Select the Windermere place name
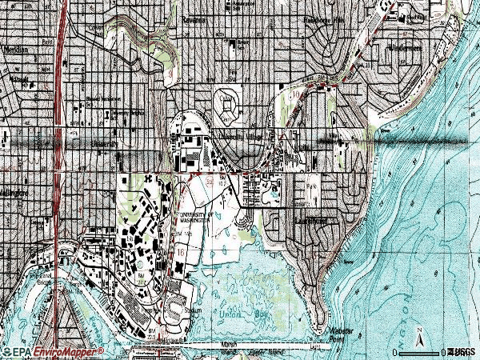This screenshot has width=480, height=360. point(405,48)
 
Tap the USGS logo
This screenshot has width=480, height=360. point(461,351)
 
